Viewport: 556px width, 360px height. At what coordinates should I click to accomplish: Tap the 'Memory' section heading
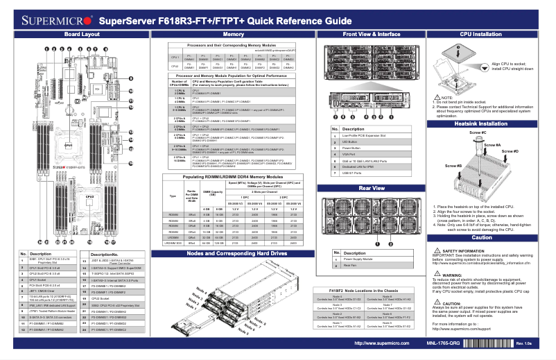[x=233, y=34]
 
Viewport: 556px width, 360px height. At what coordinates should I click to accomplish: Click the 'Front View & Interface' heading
[x=371, y=34]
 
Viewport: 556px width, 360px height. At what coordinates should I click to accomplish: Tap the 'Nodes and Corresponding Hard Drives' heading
[x=233, y=254]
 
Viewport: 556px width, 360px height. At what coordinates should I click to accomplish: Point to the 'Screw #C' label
[x=478, y=132]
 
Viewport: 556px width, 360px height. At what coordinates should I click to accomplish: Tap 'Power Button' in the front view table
[x=354, y=148]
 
